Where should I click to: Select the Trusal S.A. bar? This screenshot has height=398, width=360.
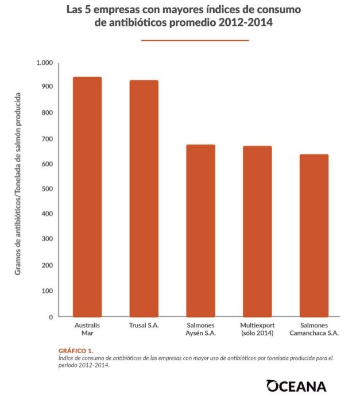pos(144,198)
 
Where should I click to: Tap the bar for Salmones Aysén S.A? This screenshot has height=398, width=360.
pos(201,230)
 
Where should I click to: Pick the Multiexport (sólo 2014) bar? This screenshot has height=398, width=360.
pos(257,231)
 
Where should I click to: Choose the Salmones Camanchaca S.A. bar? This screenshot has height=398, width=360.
pos(313,235)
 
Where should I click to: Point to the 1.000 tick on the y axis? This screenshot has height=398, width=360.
pos(44,62)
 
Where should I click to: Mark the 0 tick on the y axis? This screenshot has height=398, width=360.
pos(51,316)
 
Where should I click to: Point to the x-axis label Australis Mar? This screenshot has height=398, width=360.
pos(87,329)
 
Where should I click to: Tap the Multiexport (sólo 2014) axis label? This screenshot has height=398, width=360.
pos(257,329)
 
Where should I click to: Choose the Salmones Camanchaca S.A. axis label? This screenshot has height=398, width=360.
pos(313,329)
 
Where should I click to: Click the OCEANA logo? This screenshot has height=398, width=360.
pos(296,385)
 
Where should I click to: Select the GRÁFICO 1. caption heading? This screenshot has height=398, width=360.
pos(76,350)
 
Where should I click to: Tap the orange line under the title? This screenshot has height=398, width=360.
pos(195,40)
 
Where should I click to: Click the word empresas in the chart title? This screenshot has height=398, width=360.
pos(115,10)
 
